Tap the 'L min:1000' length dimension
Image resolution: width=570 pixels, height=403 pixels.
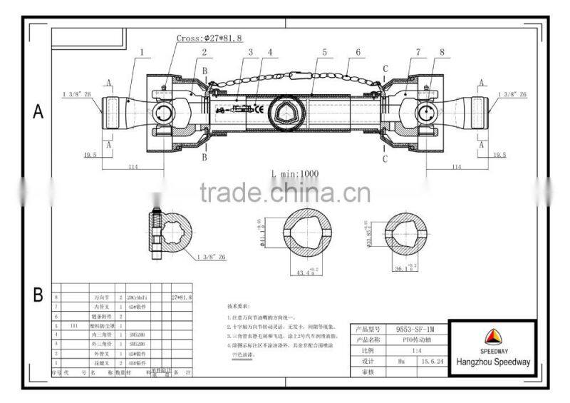pos(294,173)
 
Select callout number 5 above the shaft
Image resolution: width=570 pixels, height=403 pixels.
pos(324,51)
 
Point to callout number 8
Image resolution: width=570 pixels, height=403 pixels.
pos(442,51)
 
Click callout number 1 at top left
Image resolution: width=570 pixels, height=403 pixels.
pos(142,51)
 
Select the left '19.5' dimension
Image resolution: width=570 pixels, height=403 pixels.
pos(90,154)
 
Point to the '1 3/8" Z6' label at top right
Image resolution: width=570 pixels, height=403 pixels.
pos(513,94)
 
